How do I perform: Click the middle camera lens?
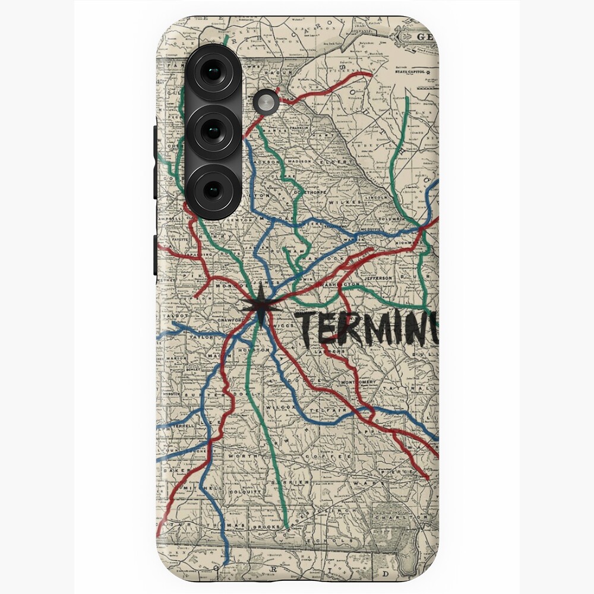click(x=212, y=131)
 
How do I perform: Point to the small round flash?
click(x=266, y=102)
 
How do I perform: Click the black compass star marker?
click(x=261, y=307)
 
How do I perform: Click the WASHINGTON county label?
click(x=340, y=285)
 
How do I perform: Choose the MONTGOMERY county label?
click(x=358, y=381)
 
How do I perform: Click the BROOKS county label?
click(x=261, y=527)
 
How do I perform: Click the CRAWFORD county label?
click(x=228, y=320)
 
